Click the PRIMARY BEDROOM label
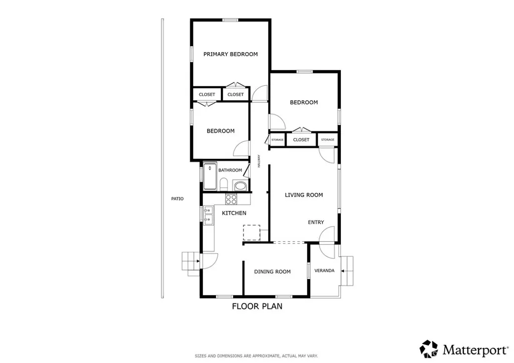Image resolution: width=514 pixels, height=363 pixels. tap(230, 54)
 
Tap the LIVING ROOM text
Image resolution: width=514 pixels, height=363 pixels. tap(304, 195)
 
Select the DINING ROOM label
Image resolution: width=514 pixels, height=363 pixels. tap(272, 272)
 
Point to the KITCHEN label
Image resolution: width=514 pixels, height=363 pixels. tap(234, 213)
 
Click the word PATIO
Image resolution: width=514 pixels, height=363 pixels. tap(177, 199)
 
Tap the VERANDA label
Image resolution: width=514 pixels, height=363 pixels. tap(324, 271)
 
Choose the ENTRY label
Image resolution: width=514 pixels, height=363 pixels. tap(316, 222)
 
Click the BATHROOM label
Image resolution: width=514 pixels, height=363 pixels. tap(230, 170)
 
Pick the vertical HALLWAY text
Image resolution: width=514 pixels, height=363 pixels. tap(259, 160)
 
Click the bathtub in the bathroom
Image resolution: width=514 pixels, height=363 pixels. tap(210, 176)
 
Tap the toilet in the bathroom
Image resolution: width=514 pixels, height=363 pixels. tap(224, 184)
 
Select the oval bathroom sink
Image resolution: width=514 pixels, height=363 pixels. tap(241, 186)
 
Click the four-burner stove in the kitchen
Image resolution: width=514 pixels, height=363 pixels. tap(231, 199)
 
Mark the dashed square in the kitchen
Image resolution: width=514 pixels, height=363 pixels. tap(251, 233)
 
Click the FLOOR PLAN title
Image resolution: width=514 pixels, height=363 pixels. tap(256, 306)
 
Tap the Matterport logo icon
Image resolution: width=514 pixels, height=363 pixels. tap(429, 349)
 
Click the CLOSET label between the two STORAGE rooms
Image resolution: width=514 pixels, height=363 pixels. tap(301, 140)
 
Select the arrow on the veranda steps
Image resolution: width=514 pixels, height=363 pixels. tap(344, 271)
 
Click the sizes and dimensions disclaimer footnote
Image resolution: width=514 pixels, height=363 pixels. tap(256, 356)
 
